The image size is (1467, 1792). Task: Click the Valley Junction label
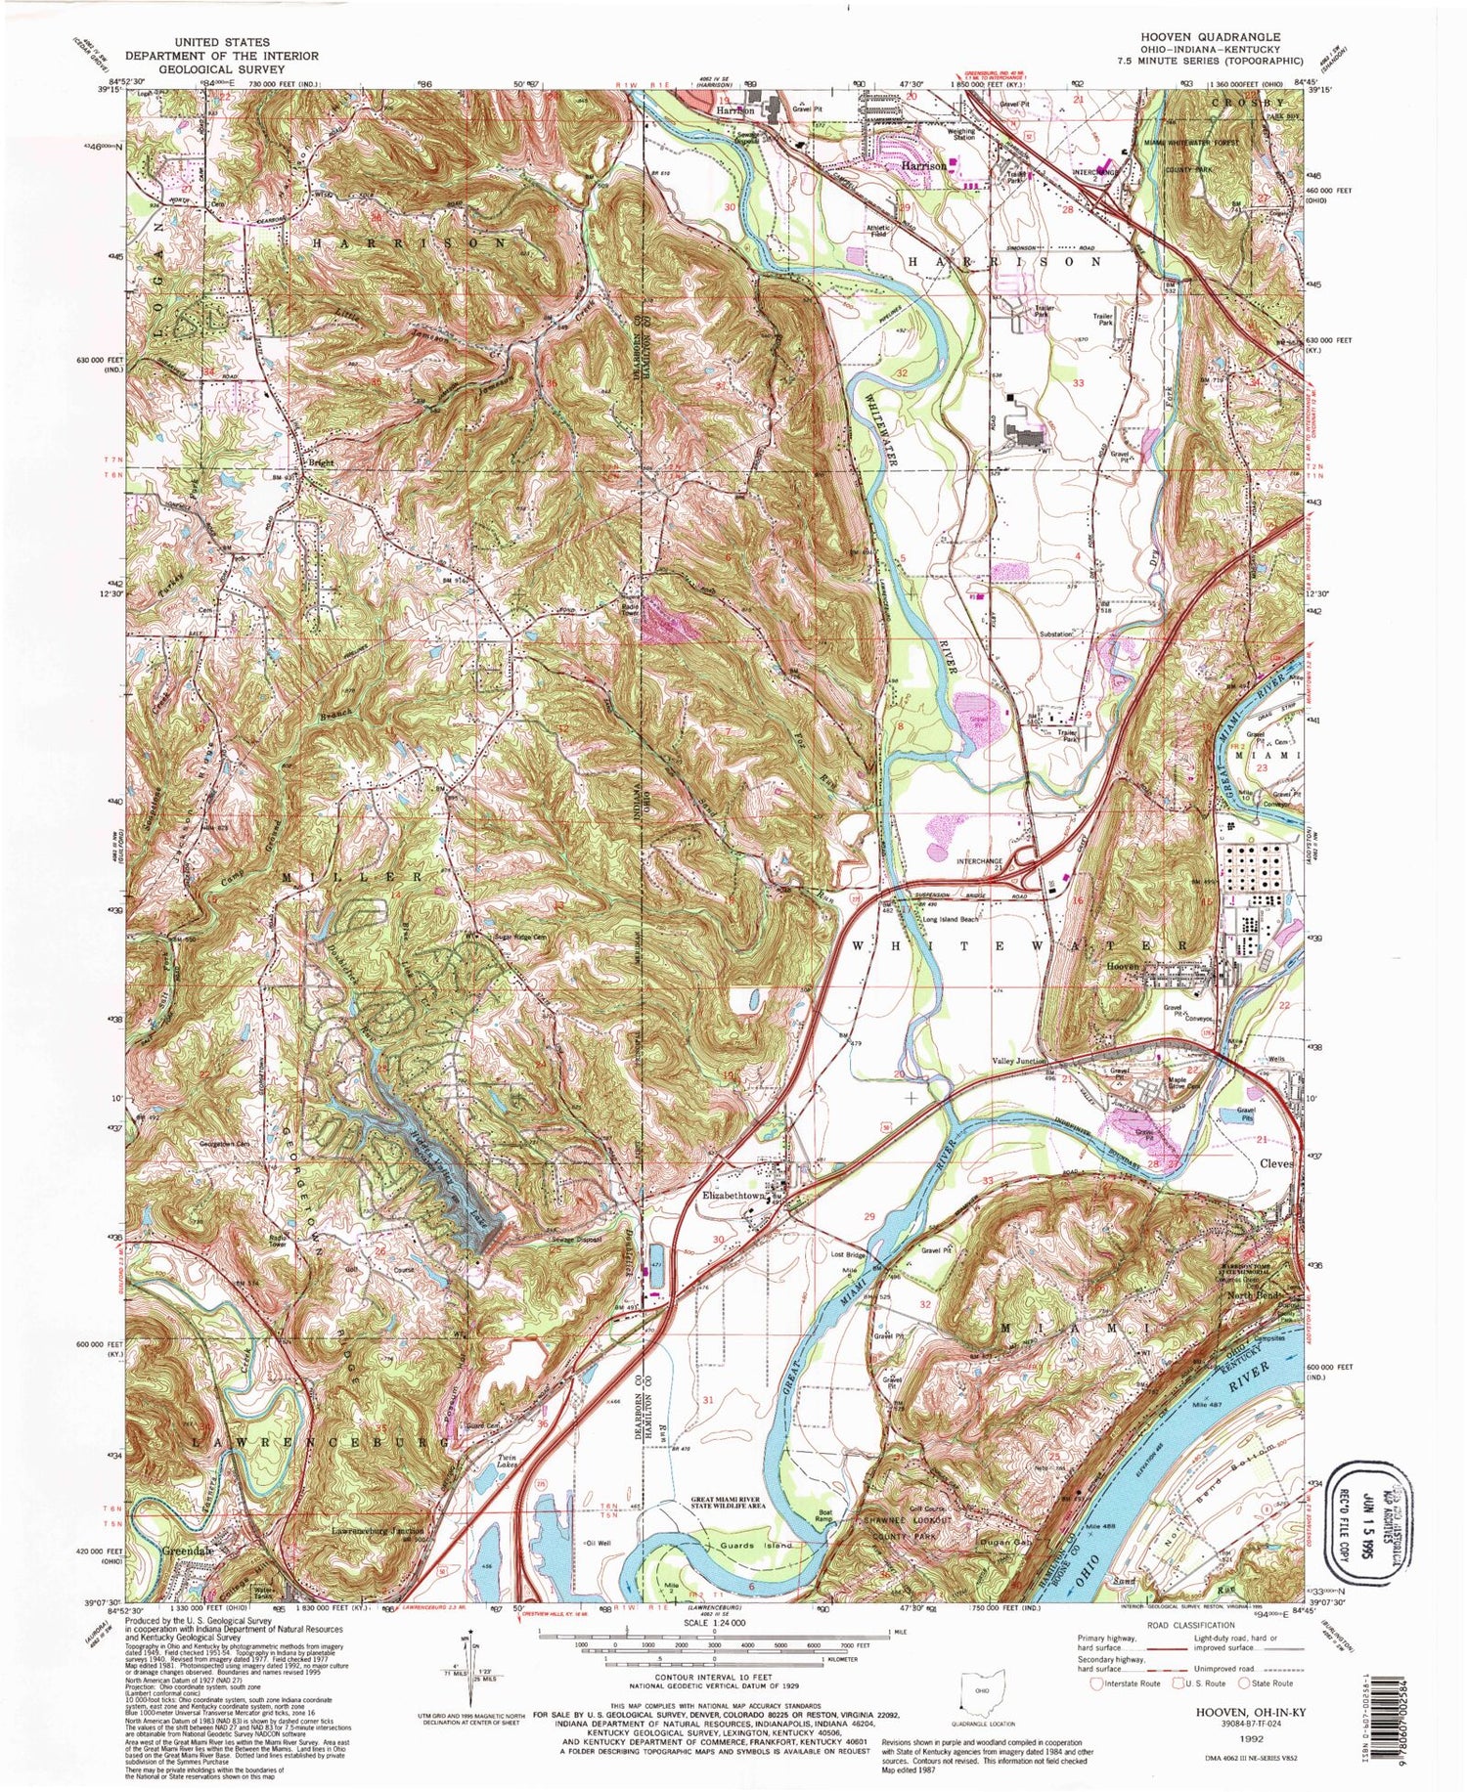(1021, 1061)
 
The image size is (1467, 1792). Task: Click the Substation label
(1061, 634)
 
